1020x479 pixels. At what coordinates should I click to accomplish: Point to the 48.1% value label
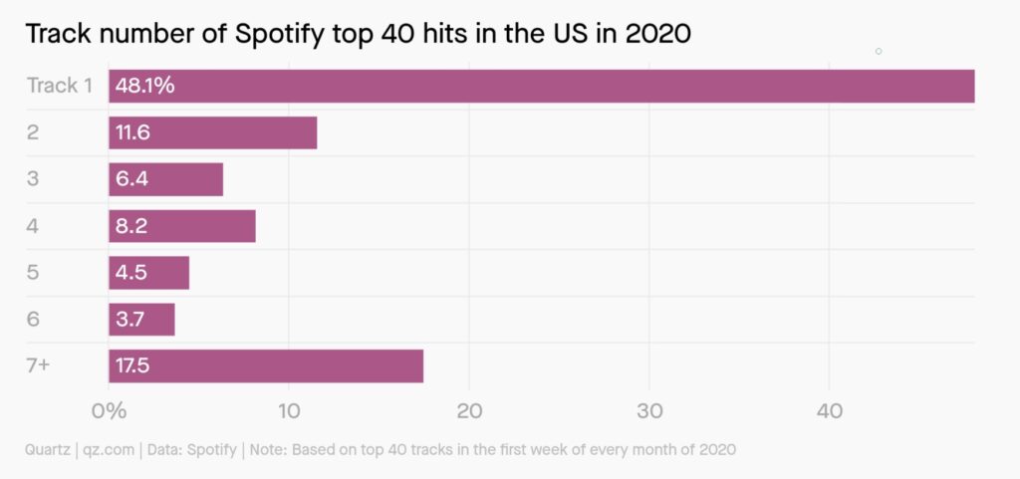pos(145,86)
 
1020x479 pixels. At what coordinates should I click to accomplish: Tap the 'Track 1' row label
pos(59,86)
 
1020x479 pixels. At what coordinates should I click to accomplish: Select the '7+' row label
pos(39,366)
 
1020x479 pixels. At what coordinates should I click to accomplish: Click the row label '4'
pos(33,226)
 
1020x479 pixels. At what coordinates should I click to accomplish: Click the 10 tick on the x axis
pos(289,411)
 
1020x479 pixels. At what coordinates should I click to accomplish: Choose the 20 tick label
pos(469,411)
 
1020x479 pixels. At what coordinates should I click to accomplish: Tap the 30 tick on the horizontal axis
pos(649,411)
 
